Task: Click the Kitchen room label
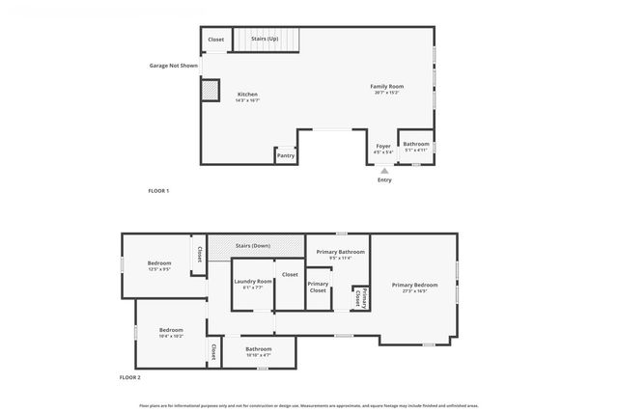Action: pos(247,95)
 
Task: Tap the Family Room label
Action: pos(385,87)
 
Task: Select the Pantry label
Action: pos(285,155)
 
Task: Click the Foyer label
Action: pos(383,146)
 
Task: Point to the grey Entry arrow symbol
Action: pos(384,170)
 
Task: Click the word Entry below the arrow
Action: pos(384,179)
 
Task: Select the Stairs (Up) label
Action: pos(265,39)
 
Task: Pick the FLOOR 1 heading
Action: pos(158,191)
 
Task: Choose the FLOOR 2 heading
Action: pos(130,377)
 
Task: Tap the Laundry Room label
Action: pos(252,281)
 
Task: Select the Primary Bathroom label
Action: pos(340,252)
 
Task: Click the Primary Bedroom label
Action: pos(414,285)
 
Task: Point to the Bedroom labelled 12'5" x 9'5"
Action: pos(159,263)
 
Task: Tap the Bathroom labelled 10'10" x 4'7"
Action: pos(258,349)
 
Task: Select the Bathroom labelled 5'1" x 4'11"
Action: pos(416,144)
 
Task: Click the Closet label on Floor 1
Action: pos(216,40)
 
